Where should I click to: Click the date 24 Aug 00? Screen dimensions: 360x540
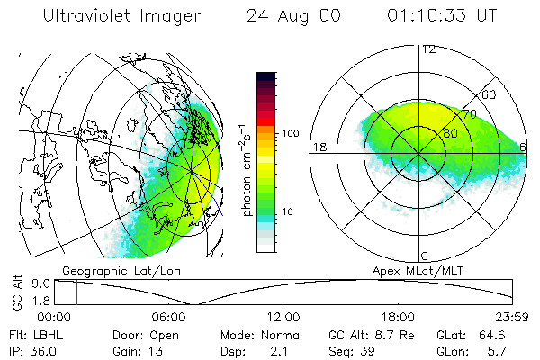click(x=289, y=16)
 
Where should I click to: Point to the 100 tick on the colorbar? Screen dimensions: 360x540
click(x=291, y=133)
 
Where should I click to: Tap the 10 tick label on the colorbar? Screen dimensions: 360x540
click(x=288, y=212)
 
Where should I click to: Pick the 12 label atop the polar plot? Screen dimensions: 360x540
click(x=428, y=49)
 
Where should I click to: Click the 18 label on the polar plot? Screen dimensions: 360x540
click(x=318, y=147)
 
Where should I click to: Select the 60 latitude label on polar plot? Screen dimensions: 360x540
click(x=489, y=94)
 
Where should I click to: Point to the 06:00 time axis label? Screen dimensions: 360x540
click(x=170, y=317)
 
